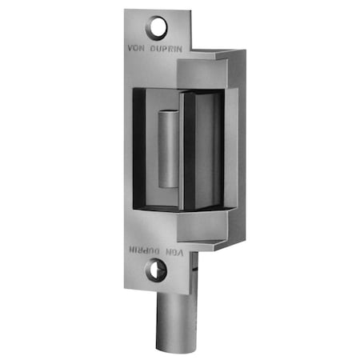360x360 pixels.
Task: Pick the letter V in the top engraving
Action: pos(131,46)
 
